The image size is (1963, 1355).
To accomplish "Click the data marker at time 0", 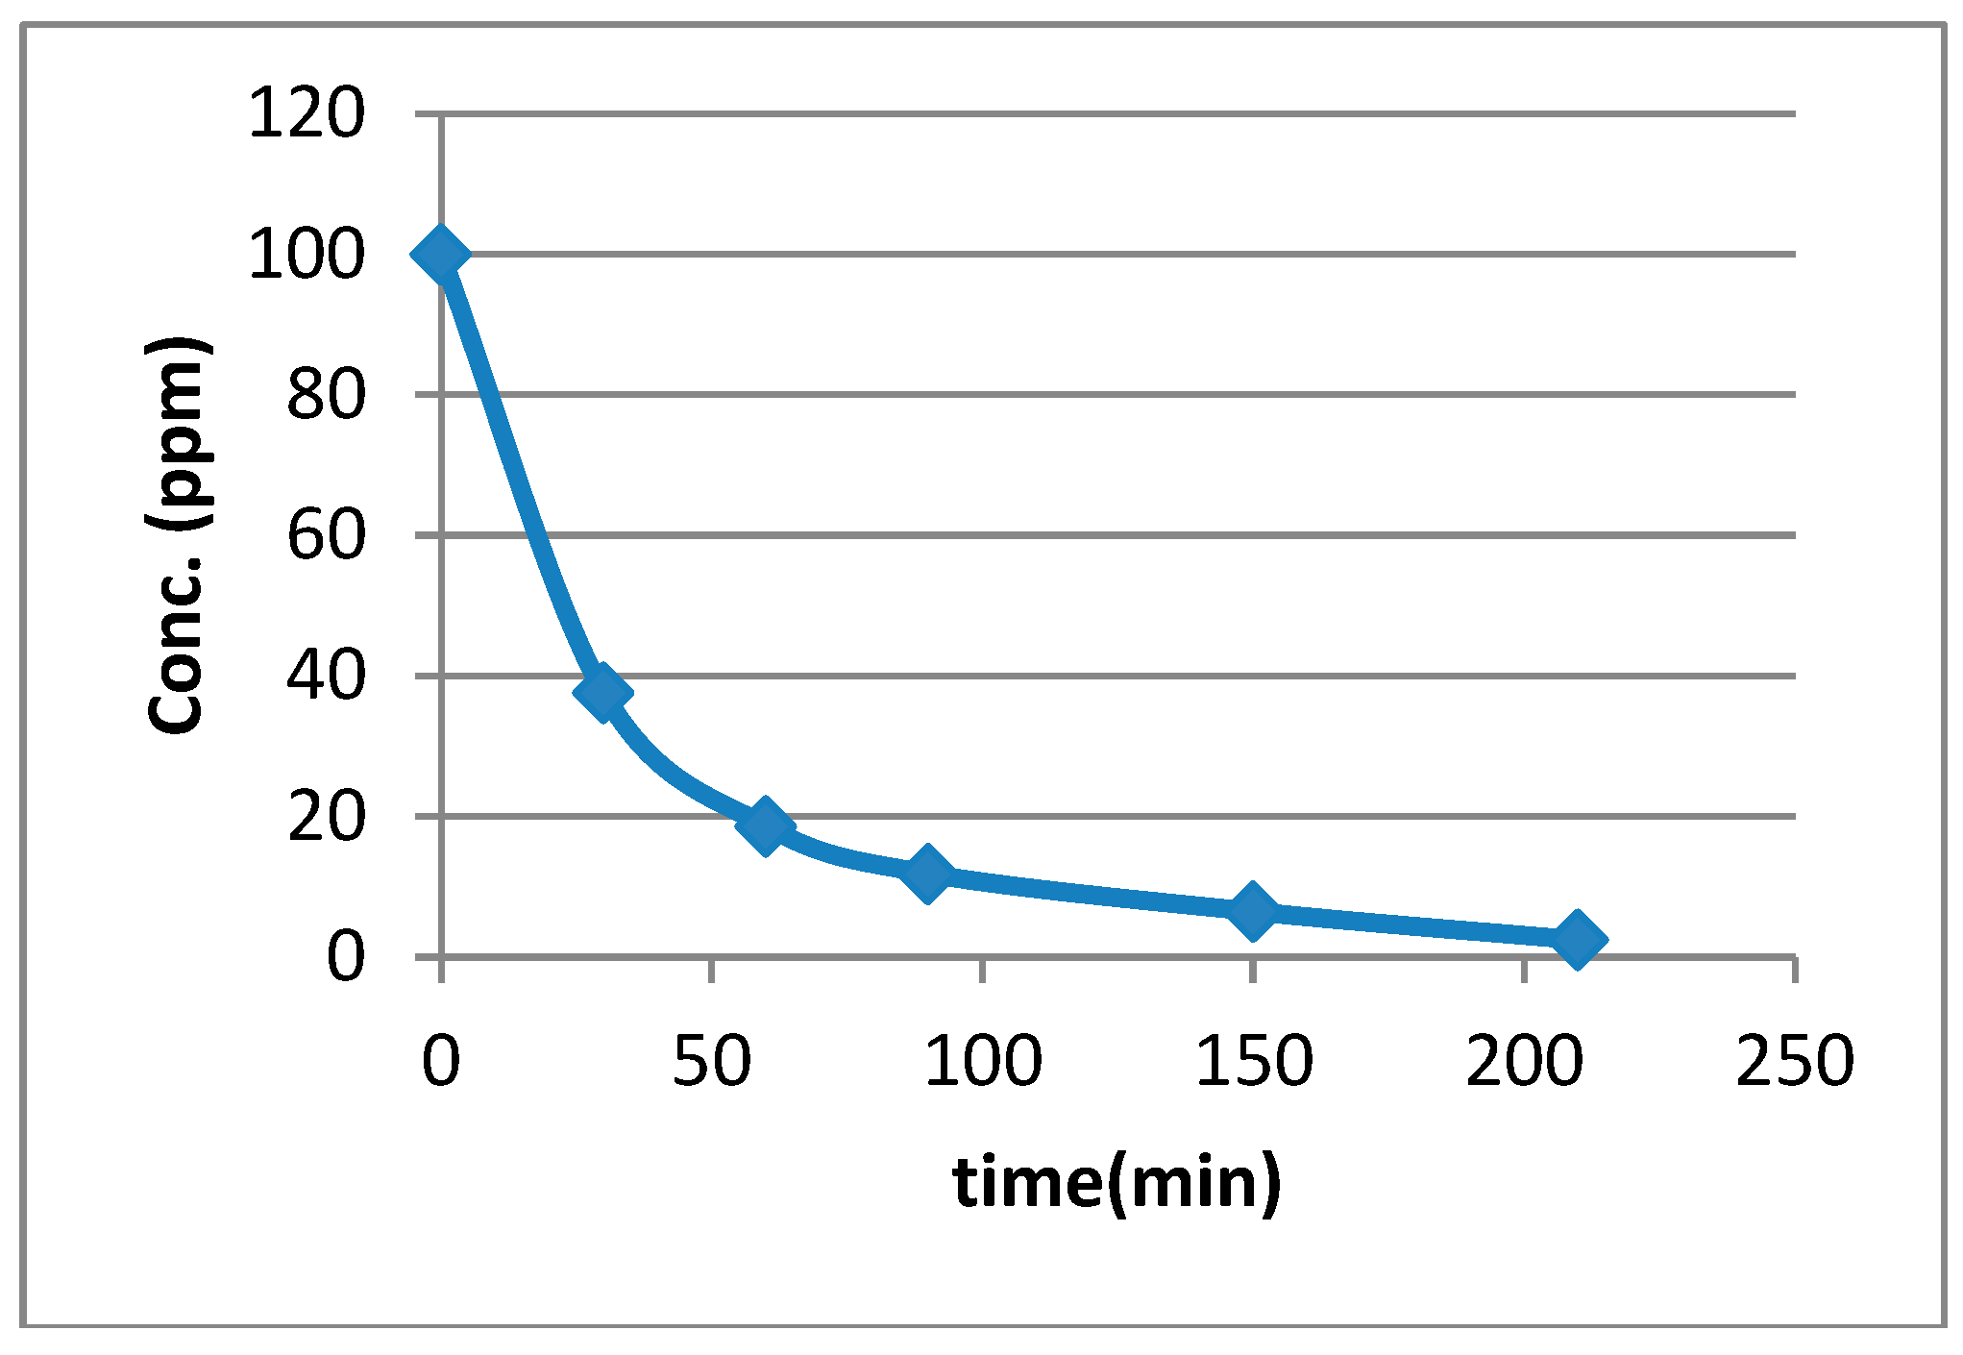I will (440, 255).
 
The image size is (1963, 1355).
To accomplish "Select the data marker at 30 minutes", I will (602, 692).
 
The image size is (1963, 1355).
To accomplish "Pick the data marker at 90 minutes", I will (927, 874).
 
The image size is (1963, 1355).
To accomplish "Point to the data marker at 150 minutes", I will (1253, 909).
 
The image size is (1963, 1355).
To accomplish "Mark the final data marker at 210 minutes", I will (1577, 938).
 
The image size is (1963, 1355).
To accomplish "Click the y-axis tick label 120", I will (307, 113).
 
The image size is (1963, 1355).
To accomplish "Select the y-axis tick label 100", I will (307, 255).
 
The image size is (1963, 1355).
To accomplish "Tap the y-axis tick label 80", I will (326, 395).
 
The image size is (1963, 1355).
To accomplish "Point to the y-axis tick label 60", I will (326, 535).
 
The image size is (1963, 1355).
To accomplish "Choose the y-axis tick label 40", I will (326, 676).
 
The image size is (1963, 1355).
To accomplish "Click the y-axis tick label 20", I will (326, 817).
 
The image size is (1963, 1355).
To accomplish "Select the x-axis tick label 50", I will (711, 1061).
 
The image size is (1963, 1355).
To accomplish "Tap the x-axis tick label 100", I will (983, 1061).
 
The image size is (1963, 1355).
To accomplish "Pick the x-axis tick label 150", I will (1254, 1061).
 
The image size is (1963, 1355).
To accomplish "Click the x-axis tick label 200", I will (1525, 1061).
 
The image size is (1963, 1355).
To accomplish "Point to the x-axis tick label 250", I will (1795, 1061).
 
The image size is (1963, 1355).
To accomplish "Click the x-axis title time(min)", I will (1116, 1182).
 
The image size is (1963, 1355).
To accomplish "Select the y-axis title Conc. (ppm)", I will (179, 535).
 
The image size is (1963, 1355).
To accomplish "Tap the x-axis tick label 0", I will (441, 1061).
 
